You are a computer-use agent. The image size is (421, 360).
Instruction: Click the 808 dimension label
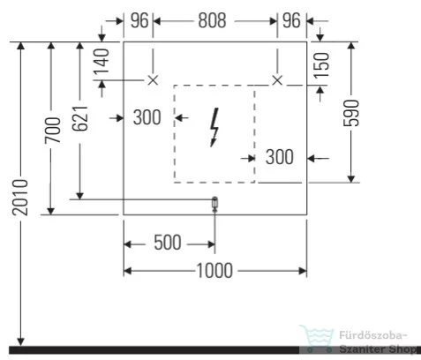(x=212, y=20)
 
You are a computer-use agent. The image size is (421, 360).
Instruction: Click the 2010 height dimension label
(x=20, y=198)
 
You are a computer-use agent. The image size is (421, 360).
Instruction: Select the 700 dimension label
(x=53, y=130)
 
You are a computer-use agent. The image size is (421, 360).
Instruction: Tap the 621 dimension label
(x=80, y=118)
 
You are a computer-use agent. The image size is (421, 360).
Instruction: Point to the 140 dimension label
(x=101, y=61)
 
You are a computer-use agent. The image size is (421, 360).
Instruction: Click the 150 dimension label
(x=321, y=65)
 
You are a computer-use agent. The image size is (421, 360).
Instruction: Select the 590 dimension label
(x=351, y=113)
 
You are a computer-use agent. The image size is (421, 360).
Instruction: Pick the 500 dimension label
(x=168, y=243)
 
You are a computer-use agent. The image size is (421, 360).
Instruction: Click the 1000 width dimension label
(x=214, y=271)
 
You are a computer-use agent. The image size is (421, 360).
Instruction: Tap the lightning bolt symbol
(x=214, y=127)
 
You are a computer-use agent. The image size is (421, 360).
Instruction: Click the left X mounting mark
(x=153, y=80)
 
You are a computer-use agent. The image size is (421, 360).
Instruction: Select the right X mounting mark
(x=277, y=80)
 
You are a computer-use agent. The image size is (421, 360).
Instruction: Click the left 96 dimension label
(x=139, y=20)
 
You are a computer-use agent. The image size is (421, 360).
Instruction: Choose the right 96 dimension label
(x=291, y=20)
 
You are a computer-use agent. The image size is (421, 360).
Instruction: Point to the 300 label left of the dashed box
(x=147, y=117)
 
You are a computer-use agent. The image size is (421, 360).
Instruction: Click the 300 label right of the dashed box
(x=280, y=157)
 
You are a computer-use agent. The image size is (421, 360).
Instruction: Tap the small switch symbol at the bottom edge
(x=214, y=204)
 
